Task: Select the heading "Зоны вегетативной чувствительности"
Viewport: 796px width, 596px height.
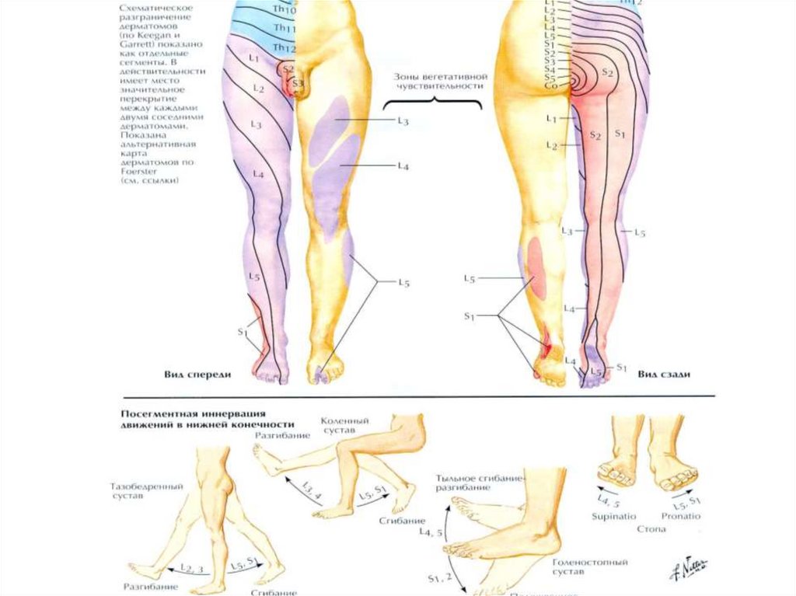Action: pos(431,82)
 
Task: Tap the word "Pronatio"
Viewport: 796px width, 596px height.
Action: pos(682,516)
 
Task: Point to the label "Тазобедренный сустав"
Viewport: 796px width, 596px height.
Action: pos(146,491)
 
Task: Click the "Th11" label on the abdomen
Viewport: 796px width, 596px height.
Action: pos(283,29)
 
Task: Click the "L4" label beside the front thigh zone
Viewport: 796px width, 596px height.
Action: pos(403,166)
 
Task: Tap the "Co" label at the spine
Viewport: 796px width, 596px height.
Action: pos(551,86)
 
